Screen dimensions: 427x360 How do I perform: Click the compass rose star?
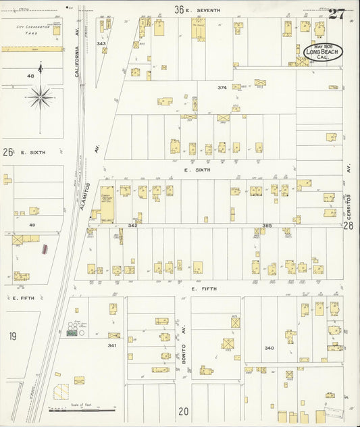point(40,99)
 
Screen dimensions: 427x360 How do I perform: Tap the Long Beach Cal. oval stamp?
point(322,51)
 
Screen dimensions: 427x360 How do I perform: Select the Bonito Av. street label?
point(183,354)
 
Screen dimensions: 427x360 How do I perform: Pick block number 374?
point(222,88)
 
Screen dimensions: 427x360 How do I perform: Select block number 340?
point(269,348)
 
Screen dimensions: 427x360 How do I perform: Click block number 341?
point(111,345)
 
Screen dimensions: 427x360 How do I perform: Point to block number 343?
point(101,43)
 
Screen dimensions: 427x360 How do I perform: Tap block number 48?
point(30,76)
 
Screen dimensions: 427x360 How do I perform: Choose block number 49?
point(32,224)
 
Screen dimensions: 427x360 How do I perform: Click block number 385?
point(266,224)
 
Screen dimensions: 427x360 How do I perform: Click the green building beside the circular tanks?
point(71,333)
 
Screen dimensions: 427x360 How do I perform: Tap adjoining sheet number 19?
point(12,336)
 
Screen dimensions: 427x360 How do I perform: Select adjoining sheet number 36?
point(179,9)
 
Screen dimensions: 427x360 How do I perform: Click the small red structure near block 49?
point(45,249)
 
